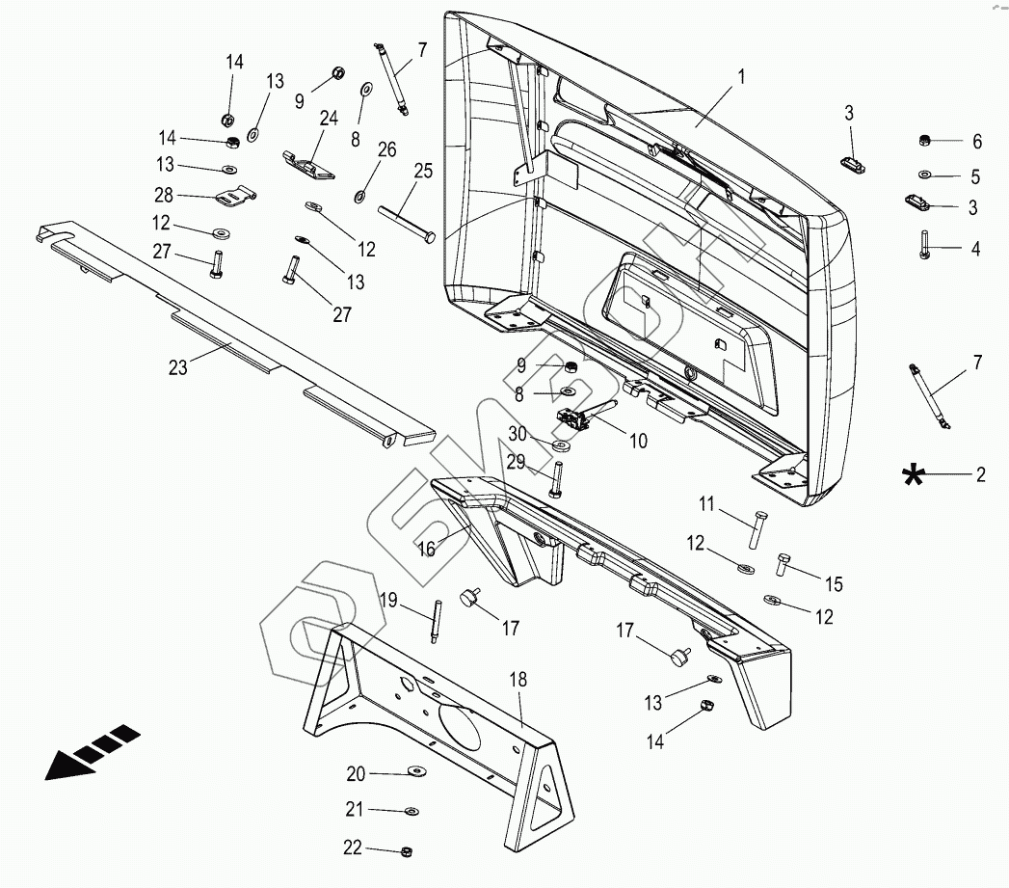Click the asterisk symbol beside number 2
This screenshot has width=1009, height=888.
tap(912, 473)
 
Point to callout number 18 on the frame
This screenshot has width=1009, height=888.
tap(518, 679)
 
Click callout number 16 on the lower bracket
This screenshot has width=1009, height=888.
tap(426, 548)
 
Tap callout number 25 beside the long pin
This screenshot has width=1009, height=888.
tap(423, 172)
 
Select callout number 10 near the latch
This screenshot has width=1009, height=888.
tap(638, 442)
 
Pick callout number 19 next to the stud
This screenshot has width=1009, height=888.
tap(388, 600)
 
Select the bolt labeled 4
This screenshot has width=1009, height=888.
tap(924, 243)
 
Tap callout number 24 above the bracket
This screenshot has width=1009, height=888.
tap(330, 119)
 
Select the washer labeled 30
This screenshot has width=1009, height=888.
tap(562, 446)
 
